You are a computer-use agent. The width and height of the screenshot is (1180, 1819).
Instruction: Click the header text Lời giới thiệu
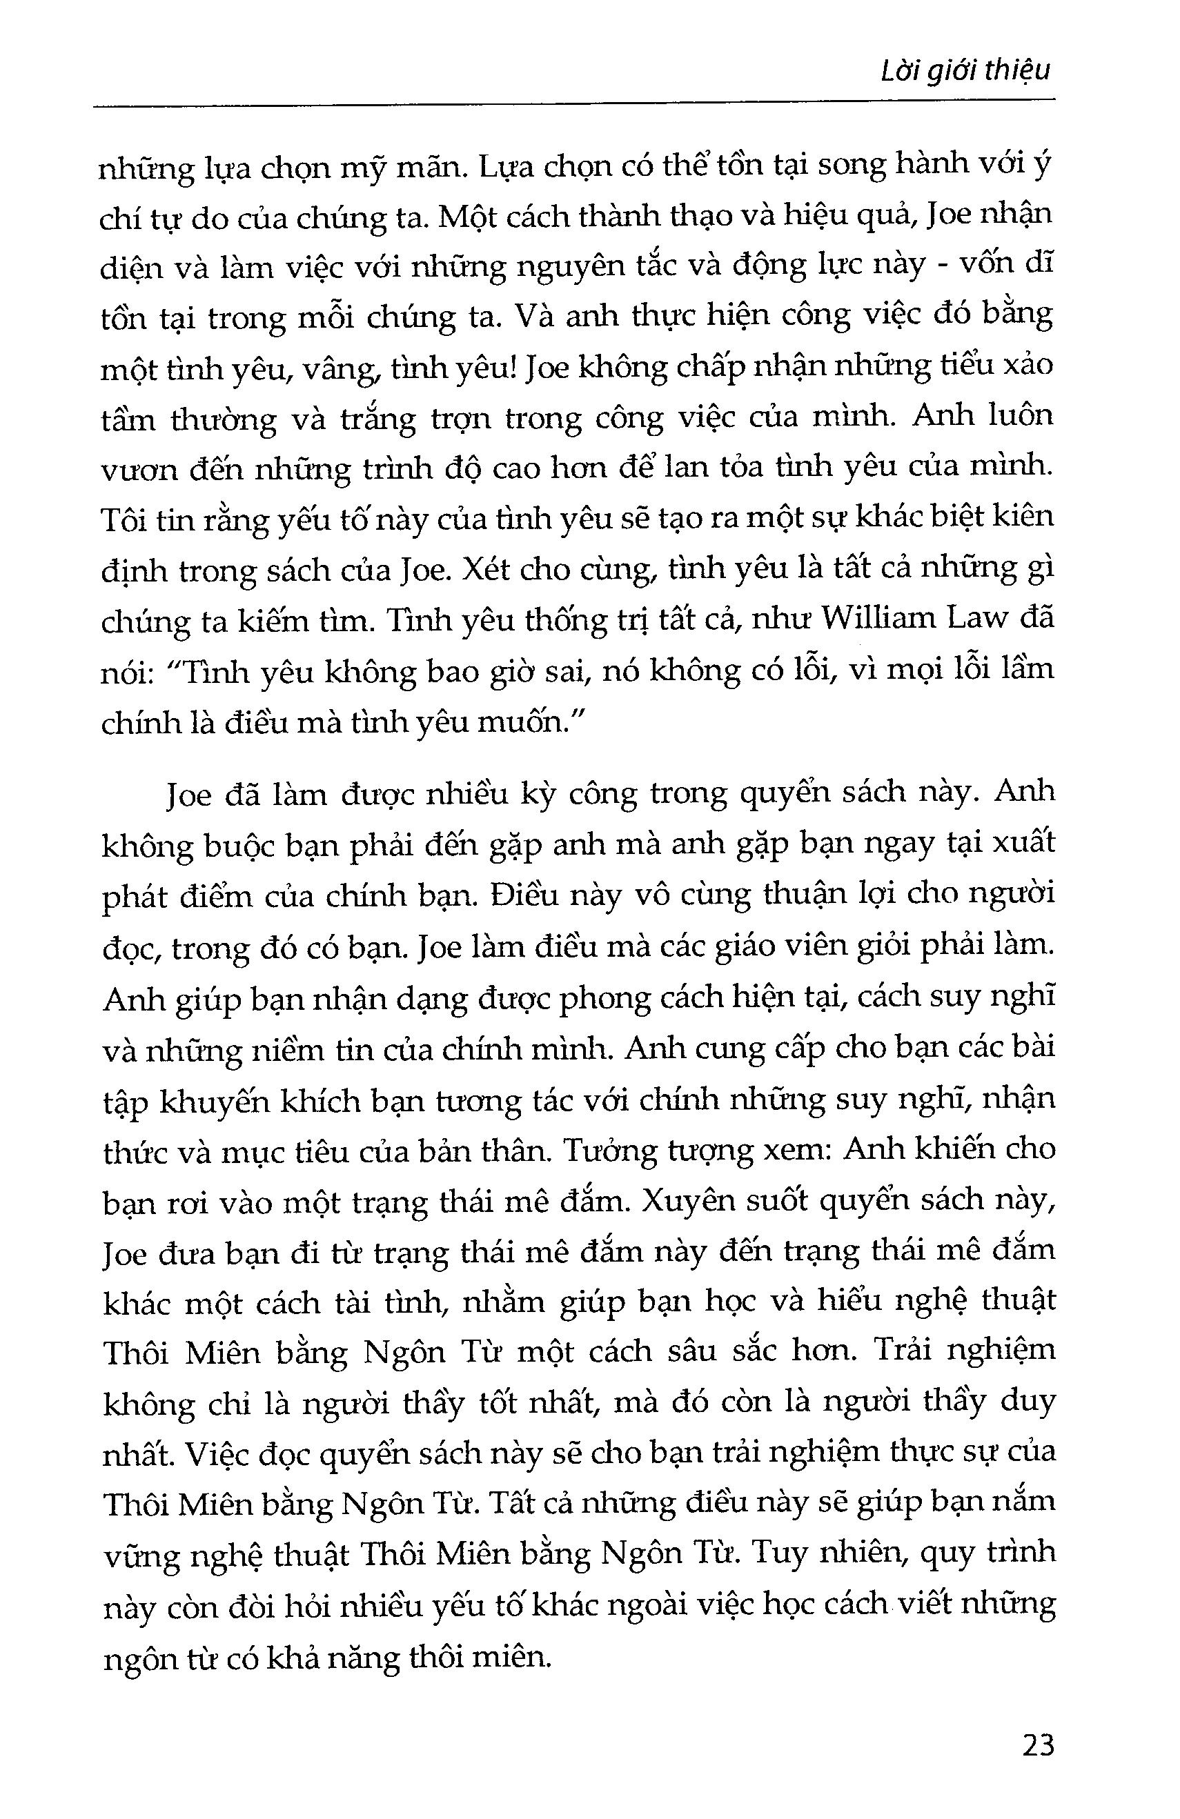pos(966,71)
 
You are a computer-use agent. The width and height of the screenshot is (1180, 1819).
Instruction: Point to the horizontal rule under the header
pos(573,102)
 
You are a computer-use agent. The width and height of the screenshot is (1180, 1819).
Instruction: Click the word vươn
pos(135,469)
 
